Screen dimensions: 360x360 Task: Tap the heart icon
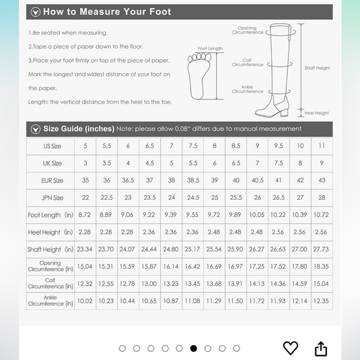[x=290, y=348]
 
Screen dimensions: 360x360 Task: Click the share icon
[x=320, y=349]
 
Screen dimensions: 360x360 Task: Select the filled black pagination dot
[x=194, y=349]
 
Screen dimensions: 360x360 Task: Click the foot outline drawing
[x=199, y=76]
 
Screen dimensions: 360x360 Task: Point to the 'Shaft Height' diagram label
[x=317, y=68]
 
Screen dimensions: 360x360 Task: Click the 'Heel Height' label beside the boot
[x=317, y=113]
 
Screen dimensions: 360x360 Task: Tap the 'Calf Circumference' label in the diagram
[x=247, y=63]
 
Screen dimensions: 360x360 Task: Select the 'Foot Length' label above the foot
[x=210, y=48]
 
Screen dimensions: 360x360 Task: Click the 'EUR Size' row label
[x=52, y=181]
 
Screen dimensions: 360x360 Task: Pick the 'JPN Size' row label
[x=52, y=197]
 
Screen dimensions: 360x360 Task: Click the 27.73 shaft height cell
[x=321, y=249]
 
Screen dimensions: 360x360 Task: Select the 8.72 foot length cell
[x=84, y=215]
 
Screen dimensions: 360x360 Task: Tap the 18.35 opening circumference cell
[x=321, y=266]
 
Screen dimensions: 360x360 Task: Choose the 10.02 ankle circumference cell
[x=84, y=301]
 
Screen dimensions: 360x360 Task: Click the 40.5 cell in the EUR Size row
[x=258, y=181]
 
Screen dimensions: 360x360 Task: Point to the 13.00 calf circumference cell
[x=149, y=284]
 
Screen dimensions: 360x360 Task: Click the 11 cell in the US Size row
[x=322, y=146]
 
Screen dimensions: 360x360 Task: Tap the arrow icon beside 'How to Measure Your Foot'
[x=35, y=12]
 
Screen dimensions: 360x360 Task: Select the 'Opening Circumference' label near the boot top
[x=247, y=30]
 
